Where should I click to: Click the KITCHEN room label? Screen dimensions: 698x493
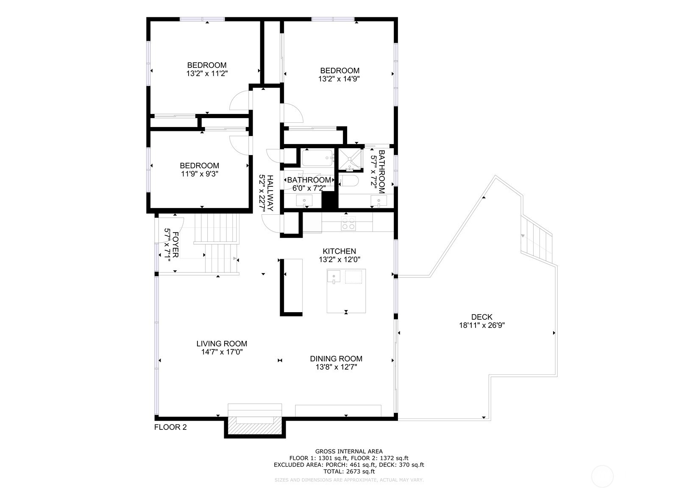point(339,251)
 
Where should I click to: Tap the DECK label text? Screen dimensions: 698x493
point(482,317)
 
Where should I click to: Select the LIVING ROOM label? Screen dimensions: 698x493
point(222,344)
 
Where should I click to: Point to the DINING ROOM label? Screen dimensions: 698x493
point(336,359)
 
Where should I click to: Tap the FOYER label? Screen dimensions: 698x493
point(175,245)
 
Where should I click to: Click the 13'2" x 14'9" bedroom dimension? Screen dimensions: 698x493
point(339,79)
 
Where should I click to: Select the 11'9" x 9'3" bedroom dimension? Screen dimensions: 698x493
point(200,174)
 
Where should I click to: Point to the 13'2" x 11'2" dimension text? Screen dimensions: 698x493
point(207,74)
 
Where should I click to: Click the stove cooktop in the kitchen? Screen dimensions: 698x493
point(348,223)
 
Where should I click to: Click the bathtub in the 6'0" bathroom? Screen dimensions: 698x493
point(317,158)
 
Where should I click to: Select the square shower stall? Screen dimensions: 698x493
point(350,160)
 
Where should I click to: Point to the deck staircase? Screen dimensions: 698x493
point(537,240)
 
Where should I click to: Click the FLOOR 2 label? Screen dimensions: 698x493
point(170,427)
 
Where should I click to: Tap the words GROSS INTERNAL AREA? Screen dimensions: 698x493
point(349,451)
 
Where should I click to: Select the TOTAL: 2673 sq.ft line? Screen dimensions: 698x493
point(349,471)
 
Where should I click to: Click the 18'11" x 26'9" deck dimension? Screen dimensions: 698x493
point(482,325)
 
